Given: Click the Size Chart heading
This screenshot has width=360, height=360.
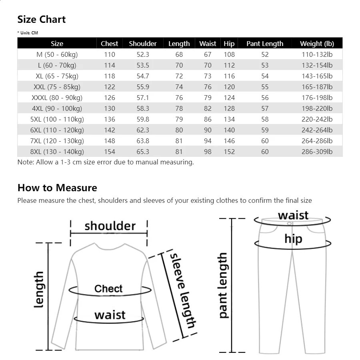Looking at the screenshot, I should [41, 19].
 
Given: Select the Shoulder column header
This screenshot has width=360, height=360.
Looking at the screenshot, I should [143, 44].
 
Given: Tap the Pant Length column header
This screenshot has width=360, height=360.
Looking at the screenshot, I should [264, 44].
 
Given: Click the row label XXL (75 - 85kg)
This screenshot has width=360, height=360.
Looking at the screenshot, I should [57, 87].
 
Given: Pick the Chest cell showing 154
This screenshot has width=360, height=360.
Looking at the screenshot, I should [109, 152].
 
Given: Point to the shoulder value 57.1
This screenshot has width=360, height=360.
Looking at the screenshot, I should [143, 98].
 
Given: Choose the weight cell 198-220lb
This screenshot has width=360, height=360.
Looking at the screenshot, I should [317, 108].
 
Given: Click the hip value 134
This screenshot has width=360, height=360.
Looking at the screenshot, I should [229, 119].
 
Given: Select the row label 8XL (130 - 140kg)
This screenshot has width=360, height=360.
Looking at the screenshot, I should [57, 152].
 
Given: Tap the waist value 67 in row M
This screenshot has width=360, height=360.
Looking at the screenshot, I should [207, 54].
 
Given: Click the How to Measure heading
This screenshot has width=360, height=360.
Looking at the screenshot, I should [57, 188].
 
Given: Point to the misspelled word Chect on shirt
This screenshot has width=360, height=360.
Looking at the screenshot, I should [108, 289].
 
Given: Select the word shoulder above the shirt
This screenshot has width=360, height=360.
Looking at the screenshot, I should [110, 226].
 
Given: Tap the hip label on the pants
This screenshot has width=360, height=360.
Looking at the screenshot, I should [293, 239].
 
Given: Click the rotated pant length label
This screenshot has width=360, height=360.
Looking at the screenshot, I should [223, 285].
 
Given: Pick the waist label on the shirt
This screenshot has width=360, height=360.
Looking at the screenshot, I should [110, 315].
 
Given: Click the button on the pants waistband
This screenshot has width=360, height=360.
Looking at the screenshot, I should [290, 223].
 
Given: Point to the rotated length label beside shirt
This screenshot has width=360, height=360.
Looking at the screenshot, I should [39, 290].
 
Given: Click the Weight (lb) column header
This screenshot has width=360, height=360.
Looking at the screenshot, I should [317, 44].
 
